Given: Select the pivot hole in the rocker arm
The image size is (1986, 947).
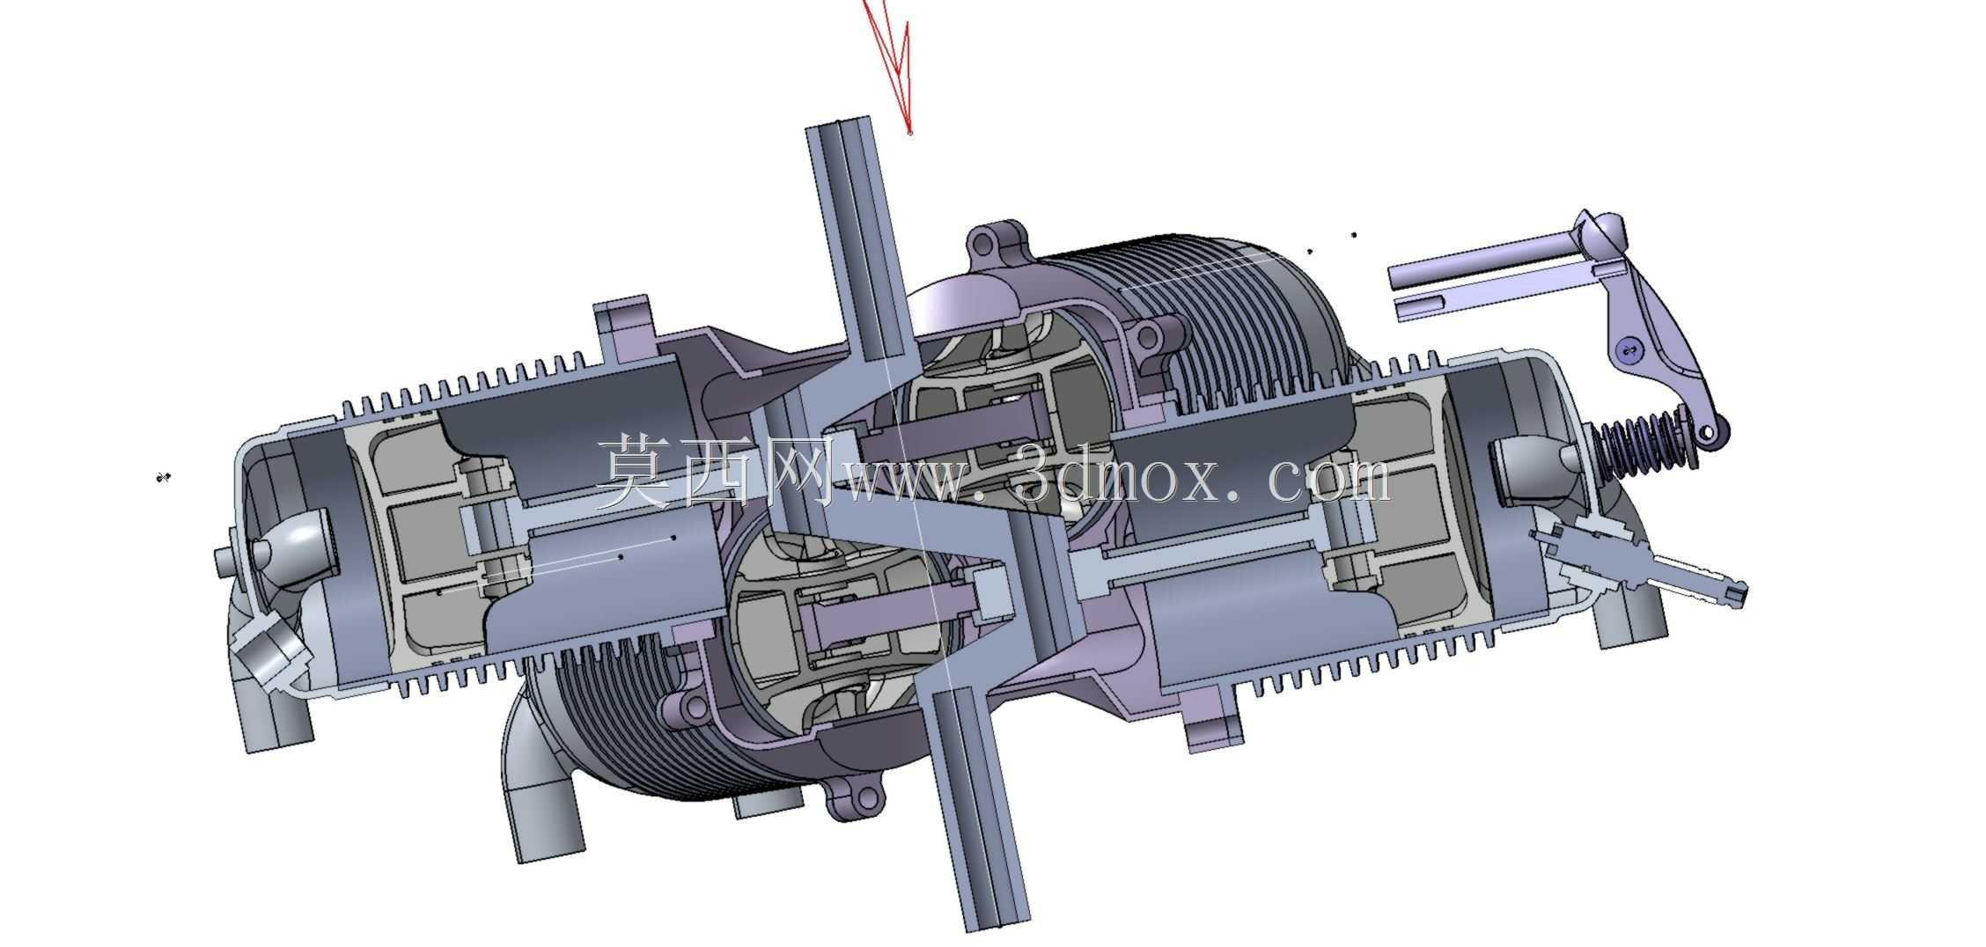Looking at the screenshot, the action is click(x=1630, y=352).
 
